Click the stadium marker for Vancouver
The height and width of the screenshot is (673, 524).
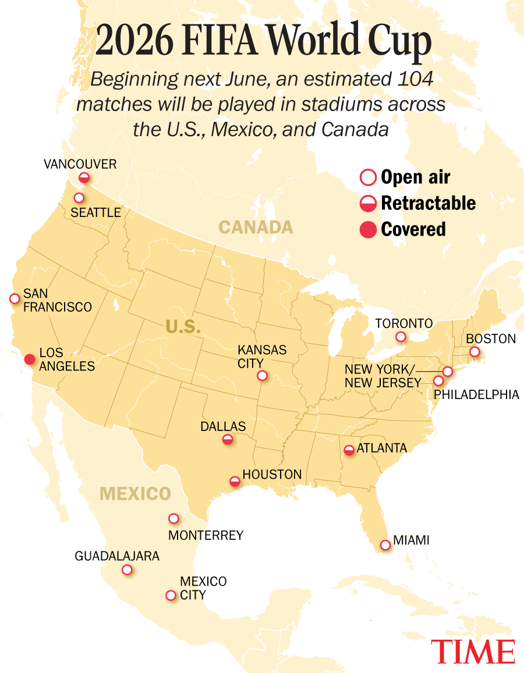pos(84,177)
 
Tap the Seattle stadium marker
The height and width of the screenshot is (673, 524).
pos(79,198)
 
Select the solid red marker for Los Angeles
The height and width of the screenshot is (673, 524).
pos(29,359)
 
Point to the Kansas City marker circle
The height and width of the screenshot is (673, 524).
pos(262,376)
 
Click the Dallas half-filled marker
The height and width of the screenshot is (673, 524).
pos(228,440)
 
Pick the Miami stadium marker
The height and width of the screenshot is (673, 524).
pos(385,545)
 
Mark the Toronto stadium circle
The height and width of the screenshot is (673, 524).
pos(401,337)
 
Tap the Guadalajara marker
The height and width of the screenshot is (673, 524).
pos(127,570)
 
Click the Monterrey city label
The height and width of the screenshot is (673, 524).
pos(206,535)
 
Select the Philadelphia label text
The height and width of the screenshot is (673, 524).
pos(476,395)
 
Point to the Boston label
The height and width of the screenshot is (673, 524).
pos(491,339)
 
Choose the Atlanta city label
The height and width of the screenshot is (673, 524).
pos(381,448)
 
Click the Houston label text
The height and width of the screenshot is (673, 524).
pos(272,475)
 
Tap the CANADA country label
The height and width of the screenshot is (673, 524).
pos(256,227)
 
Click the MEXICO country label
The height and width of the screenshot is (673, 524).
pos(135,494)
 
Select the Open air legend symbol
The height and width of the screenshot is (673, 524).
pos(368,177)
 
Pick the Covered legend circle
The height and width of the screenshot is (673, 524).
pos(368,230)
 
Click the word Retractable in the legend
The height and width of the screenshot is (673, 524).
pos(428,203)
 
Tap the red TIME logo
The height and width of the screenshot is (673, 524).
pos(473,651)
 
